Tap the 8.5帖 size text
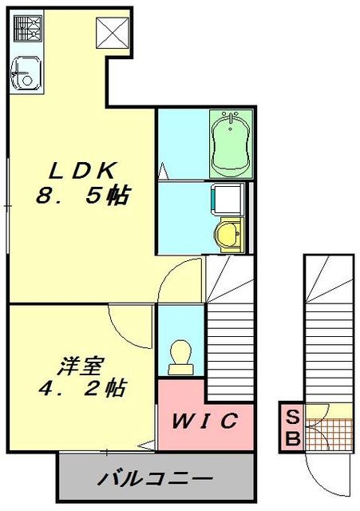[83, 196]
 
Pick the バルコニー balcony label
[156, 481]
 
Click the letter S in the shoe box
[292, 417]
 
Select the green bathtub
[231, 145]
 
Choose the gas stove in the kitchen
[26, 30]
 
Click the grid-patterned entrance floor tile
[326, 435]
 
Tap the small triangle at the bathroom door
[162, 170]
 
